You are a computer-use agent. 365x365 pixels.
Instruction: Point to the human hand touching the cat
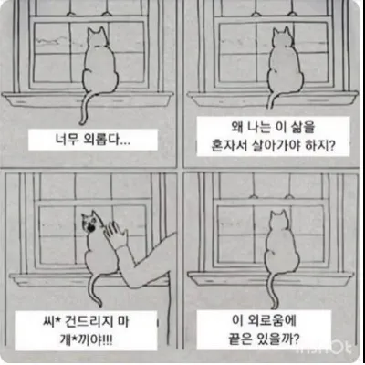[x=116, y=239]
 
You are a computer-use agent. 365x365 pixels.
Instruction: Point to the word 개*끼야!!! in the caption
[x=91, y=339]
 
